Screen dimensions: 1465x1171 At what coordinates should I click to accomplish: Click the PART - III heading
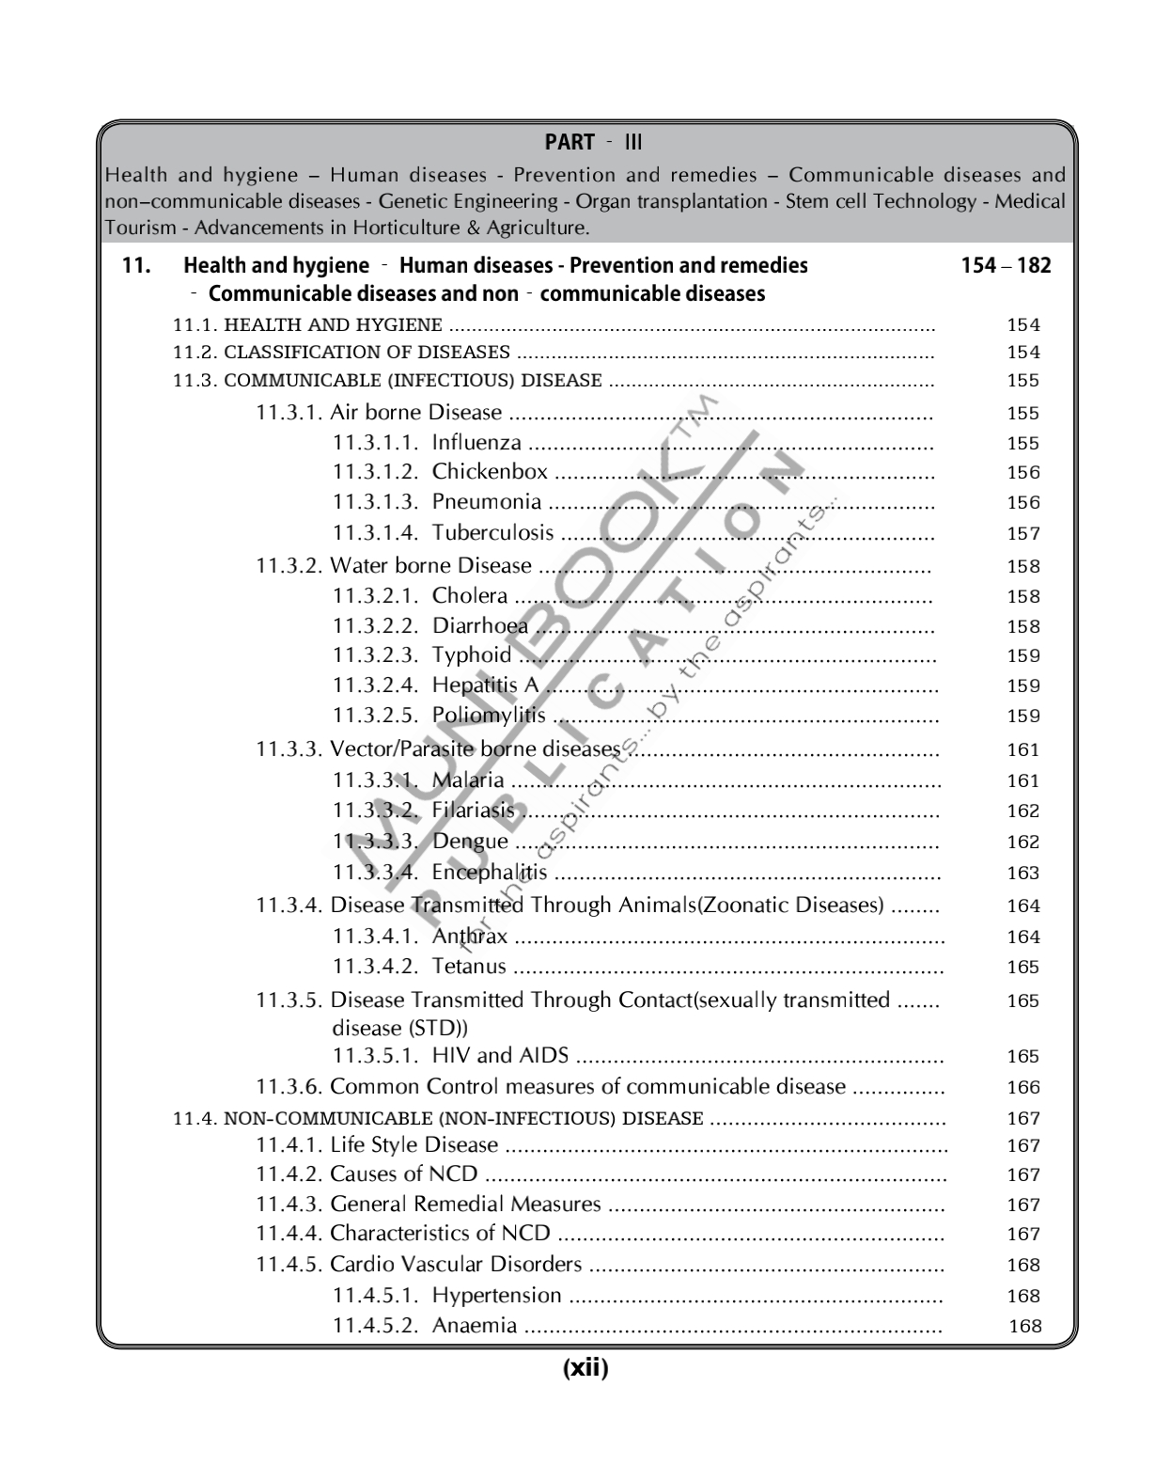(x=593, y=143)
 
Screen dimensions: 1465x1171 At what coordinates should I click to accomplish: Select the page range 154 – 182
(x=1006, y=266)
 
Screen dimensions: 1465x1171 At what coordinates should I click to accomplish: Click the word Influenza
(x=476, y=443)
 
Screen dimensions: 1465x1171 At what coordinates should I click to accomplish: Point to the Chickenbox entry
(x=490, y=472)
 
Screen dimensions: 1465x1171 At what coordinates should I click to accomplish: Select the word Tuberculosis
(x=492, y=533)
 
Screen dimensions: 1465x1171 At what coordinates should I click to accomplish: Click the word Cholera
(x=470, y=596)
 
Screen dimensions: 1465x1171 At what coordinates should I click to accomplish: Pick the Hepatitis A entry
(x=485, y=685)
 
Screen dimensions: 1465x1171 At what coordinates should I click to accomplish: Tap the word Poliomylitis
(x=489, y=716)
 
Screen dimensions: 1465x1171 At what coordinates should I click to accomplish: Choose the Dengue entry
(x=470, y=842)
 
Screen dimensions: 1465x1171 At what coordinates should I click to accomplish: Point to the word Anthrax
(x=470, y=937)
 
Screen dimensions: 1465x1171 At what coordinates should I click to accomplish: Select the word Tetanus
(x=469, y=967)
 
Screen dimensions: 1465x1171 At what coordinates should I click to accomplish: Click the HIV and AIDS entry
(x=500, y=1056)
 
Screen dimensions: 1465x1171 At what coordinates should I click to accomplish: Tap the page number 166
(x=1023, y=1088)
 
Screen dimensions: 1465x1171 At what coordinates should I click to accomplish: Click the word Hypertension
(x=496, y=1296)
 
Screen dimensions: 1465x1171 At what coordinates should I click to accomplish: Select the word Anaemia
(x=475, y=1326)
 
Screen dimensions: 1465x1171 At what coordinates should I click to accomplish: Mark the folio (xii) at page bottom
(x=585, y=1369)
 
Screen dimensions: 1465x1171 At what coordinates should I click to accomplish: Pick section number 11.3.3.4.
(x=375, y=873)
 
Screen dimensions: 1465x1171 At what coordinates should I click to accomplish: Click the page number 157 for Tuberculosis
(x=1023, y=534)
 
